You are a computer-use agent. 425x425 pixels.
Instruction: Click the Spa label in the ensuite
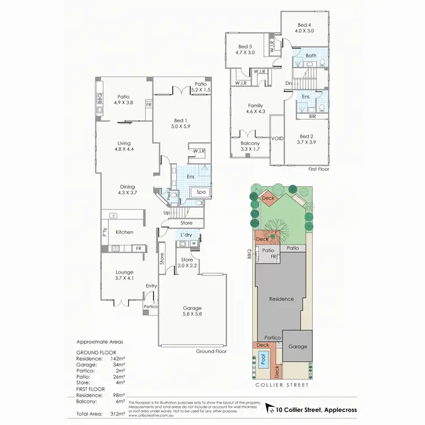(x=201, y=193)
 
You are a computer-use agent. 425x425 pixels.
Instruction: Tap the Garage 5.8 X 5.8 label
(x=192, y=311)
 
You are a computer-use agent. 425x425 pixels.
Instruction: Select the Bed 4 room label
(x=305, y=28)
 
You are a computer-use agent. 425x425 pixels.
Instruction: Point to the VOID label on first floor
(x=278, y=138)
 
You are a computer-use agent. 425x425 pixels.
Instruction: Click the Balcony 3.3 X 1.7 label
(x=250, y=146)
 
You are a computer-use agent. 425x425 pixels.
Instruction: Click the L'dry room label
(x=186, y=235)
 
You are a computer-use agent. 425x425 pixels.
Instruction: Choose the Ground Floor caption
(x=211, y=351)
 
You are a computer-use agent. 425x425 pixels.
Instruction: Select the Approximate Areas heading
(x=100, y=342)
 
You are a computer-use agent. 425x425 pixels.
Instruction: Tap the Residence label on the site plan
(x=281, y=299)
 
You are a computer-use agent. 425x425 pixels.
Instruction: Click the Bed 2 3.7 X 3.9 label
(x=307, y=139)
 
